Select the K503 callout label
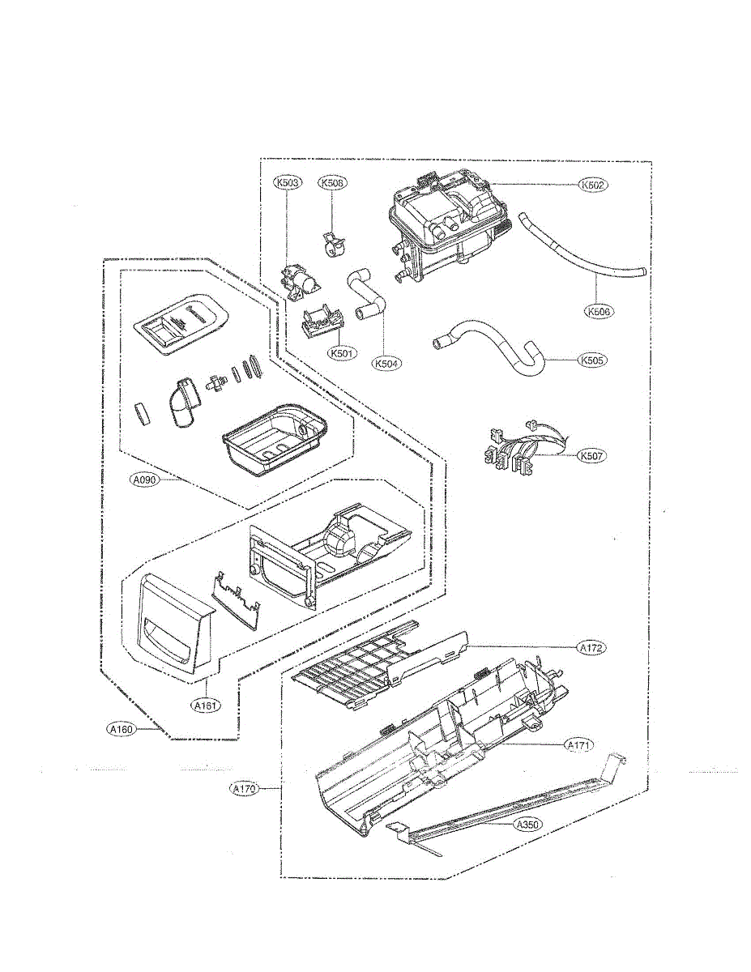288,183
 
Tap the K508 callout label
332,183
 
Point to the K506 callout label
597,311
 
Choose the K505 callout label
593,360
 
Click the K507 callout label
592,456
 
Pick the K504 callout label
387,364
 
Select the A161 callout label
205,706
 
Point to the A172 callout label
592,648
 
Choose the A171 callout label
579,745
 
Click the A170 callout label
244,787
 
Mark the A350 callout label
527,825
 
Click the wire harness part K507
510,450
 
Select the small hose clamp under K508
332,241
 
